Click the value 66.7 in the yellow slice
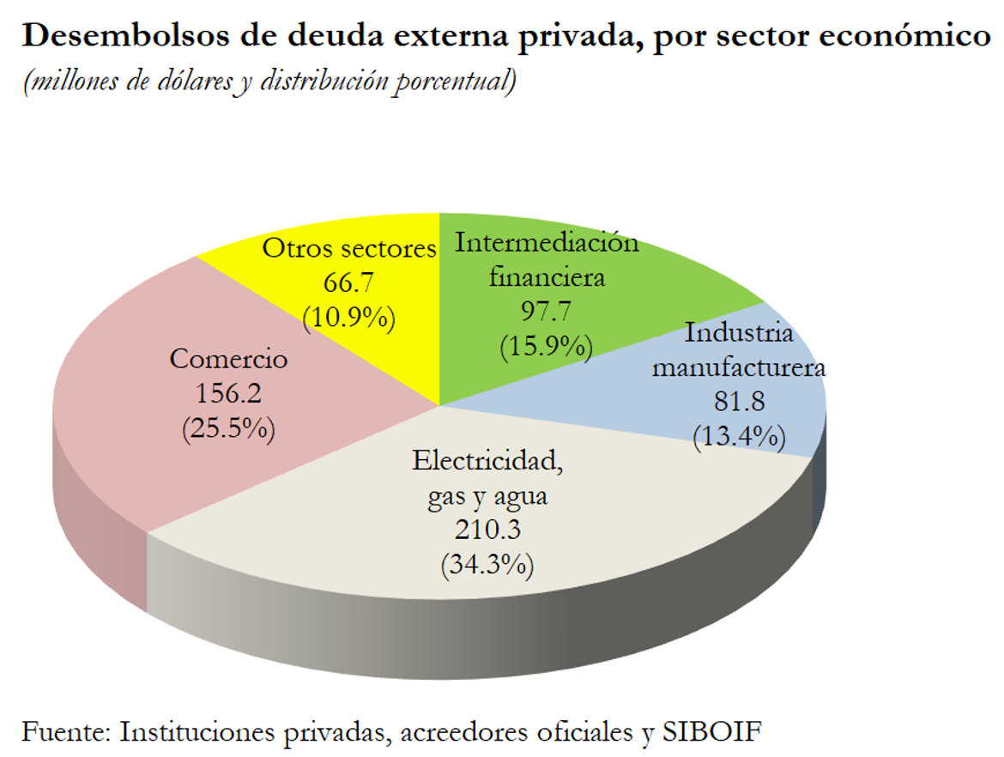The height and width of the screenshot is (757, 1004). tap(348, 283)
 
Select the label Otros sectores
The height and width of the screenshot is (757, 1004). tap(349, 249)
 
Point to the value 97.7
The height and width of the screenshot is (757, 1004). tap(547, 311)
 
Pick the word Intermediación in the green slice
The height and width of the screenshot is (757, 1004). tap(547, 243)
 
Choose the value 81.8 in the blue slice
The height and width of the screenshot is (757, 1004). tap(739, 402)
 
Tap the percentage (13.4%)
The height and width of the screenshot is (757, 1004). tap(739, 436)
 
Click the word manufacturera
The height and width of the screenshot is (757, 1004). tap(739, 368)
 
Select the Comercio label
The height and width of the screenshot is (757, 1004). tap(228, 359)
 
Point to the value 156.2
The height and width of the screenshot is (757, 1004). tap(228, 393)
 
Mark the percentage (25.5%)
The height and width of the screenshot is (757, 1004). tap(228, 427)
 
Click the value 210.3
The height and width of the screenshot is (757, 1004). tap(487, 530)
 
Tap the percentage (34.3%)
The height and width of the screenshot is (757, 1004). tap(487, 565)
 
